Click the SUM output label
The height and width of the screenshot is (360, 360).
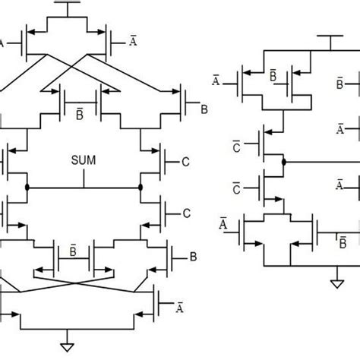(84, 162)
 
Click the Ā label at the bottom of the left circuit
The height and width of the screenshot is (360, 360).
(179, 307)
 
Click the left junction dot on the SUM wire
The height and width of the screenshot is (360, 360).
(27, 186)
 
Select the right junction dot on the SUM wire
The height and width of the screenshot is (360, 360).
(141, 186)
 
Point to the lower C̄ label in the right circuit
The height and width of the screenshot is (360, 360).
(235, 187)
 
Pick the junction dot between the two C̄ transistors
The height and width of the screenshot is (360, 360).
(283, 162)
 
